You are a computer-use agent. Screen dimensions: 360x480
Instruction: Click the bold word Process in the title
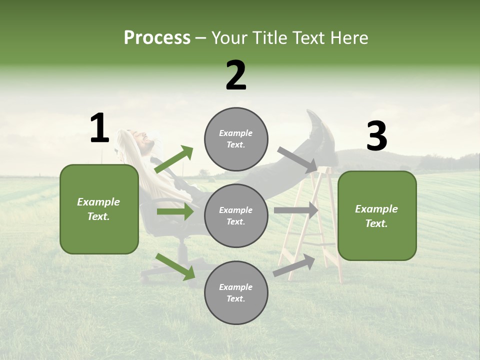point(157,38)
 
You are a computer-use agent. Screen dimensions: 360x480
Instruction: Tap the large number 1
point(99,128)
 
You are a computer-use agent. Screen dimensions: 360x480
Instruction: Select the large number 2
point(236,75)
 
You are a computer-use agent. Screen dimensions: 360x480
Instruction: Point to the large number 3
point(376,136)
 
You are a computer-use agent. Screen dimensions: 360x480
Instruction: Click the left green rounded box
point(99,209)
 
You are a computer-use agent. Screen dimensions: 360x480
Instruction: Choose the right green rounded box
point(377,215)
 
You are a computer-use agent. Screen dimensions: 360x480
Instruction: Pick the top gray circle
point(236,138)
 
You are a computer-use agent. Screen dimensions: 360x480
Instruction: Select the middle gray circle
point(236,215)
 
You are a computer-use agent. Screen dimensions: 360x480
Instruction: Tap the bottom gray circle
point(236,292)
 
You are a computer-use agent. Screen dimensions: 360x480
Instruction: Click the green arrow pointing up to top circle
point(174,159)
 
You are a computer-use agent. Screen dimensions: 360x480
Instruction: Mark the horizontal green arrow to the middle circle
point(175,211)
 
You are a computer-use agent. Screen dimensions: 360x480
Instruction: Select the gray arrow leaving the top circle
point(297,159)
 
